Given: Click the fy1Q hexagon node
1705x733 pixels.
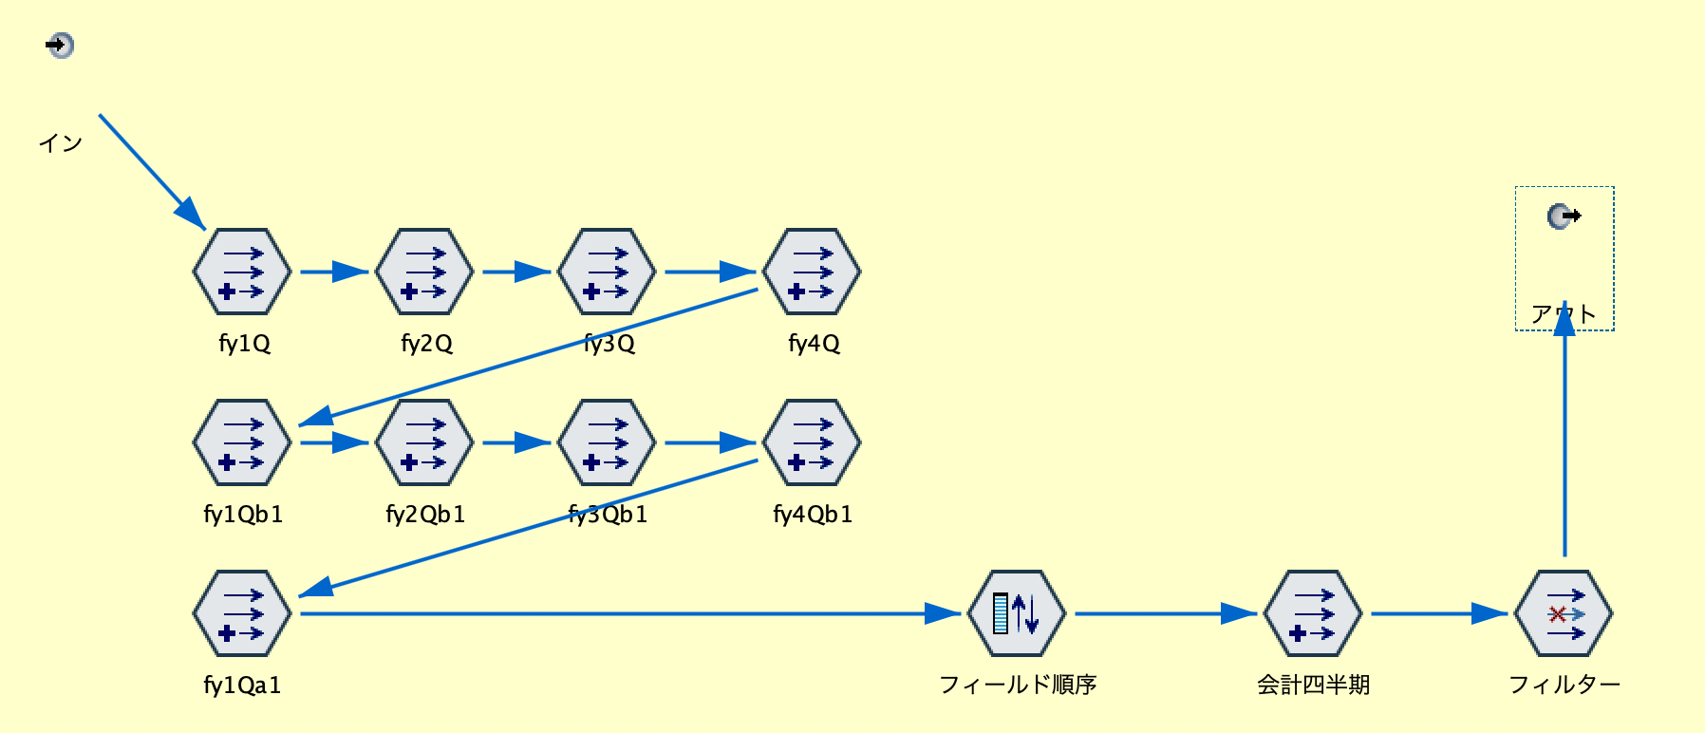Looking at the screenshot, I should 242,272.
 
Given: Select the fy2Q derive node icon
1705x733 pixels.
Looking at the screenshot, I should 424,272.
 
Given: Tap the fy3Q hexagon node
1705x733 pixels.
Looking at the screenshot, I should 607,272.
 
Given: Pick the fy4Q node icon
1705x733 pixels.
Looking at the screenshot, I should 812,272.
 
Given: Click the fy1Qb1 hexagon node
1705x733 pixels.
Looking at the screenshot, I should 242,442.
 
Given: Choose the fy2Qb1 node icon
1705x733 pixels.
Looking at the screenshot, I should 424,442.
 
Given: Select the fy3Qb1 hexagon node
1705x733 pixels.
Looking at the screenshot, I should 607,442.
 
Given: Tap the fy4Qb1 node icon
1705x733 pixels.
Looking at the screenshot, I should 812,442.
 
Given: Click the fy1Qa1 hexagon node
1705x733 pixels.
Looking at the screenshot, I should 242,613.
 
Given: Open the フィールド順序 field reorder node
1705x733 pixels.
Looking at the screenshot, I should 1017,613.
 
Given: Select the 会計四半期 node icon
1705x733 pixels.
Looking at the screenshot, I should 1313,613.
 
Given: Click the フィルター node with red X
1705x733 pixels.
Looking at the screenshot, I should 1564,613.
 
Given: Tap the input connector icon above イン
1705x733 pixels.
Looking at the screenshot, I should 60,45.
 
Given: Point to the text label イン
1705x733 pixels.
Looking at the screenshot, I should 60,143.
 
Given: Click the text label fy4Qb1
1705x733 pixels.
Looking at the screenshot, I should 813,515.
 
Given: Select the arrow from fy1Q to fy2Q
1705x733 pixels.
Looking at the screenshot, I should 332,273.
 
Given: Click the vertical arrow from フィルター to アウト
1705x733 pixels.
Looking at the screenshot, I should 1564,437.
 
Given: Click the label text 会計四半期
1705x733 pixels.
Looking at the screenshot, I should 1313,685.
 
